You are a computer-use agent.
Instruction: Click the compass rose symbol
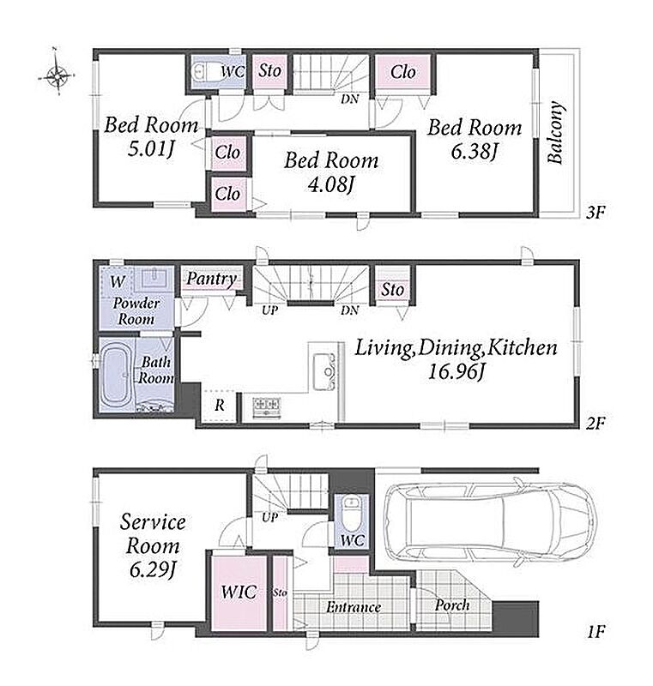click(57, 76)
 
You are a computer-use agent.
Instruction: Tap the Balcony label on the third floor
click(555, 133)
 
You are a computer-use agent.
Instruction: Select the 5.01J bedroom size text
click(151, 149)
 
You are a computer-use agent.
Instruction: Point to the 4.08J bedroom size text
click(331, 184)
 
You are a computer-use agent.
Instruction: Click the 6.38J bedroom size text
click(475, 153)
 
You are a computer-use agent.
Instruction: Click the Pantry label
click(212, 279)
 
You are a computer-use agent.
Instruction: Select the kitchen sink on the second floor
click(324, 372)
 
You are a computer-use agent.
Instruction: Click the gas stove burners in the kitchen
click(266, 406)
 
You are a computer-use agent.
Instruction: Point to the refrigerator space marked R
click(220, 405)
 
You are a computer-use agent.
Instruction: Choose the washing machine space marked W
click(118, 281)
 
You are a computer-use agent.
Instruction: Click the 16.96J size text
click(456, 372)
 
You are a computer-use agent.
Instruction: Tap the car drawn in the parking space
click(490, 524)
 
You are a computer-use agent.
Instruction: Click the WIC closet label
click(239, 592)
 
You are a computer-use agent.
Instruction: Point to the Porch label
click(452, 605)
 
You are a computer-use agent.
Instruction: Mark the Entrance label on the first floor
click(354, 607)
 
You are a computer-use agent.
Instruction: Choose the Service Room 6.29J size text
click(153, 570)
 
